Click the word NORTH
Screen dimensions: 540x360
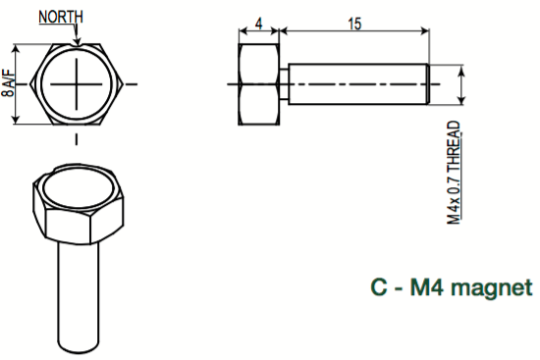[61, 17]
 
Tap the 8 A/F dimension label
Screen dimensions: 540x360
[8, 83]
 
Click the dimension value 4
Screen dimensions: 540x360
[258, 24]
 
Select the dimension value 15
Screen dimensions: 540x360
[354, 24]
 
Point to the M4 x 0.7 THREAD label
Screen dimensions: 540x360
[454, 173]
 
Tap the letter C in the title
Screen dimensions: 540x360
[379, 286]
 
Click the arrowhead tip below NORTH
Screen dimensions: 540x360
[78, 45]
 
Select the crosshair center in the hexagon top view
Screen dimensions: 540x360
[77, 84]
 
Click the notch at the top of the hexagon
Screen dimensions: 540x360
[77, 45]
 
